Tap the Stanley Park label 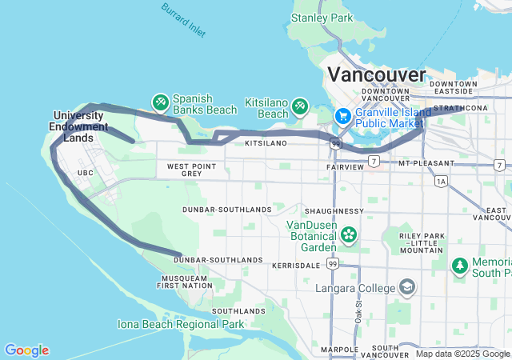pos(322,18)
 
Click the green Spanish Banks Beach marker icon pos(159,102)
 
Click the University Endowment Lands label pos(78,121)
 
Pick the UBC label pos(86,173)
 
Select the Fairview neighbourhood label pos(346,167)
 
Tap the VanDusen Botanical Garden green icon pos(349,234)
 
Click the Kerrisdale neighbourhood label pos(295,264)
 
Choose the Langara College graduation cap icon pos(407,287)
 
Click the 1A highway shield pos(441,182)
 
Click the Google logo pos(26,350)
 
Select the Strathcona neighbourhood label pos(462,108)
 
